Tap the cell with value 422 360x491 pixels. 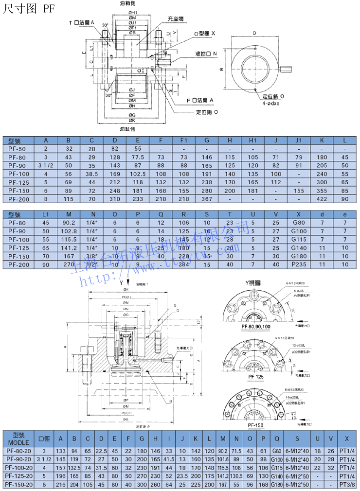[321, 198]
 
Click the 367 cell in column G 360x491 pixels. [207, 198]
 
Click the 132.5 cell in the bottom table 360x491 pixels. [74, 468]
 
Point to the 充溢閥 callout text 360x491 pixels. [175, 18]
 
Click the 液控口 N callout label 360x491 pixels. [206, 54]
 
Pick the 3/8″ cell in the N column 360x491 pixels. [92, 256]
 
